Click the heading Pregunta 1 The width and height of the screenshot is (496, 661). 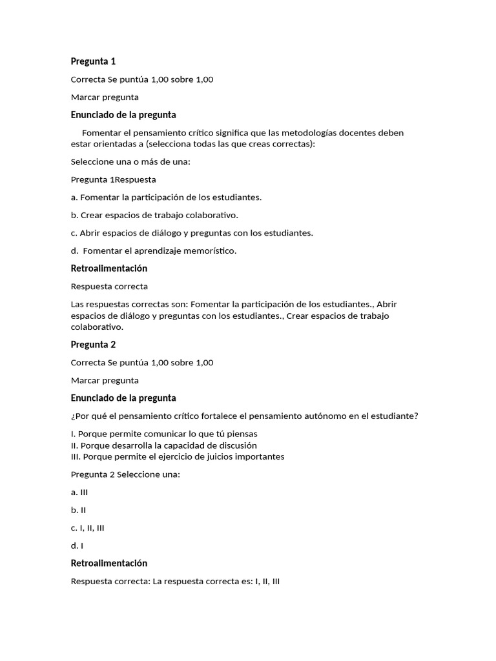click(93, 61)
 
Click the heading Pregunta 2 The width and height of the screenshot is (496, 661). click(93, 345)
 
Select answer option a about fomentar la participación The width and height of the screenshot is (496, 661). click(166, 198)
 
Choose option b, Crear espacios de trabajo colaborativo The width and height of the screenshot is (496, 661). click(154, 215)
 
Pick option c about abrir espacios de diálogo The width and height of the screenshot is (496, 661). click(192, 233)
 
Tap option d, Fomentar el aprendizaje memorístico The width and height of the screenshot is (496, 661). click(154, 250)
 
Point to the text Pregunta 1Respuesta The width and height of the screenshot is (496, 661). click(113, 179)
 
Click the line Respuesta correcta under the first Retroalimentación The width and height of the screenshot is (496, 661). click(109, 286)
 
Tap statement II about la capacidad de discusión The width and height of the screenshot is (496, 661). click(163, 445)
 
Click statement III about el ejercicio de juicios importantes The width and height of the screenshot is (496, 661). click(177, 456)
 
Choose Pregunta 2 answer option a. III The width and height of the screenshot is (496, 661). click(79, 492)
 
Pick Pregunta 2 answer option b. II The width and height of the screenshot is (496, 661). click(78, 510)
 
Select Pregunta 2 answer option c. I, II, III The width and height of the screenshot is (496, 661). click(87, 527)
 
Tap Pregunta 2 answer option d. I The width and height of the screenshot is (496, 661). click(77, 545)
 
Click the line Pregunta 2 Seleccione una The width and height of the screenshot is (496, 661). click(125, 474)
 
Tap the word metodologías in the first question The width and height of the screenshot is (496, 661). click(316, 133)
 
